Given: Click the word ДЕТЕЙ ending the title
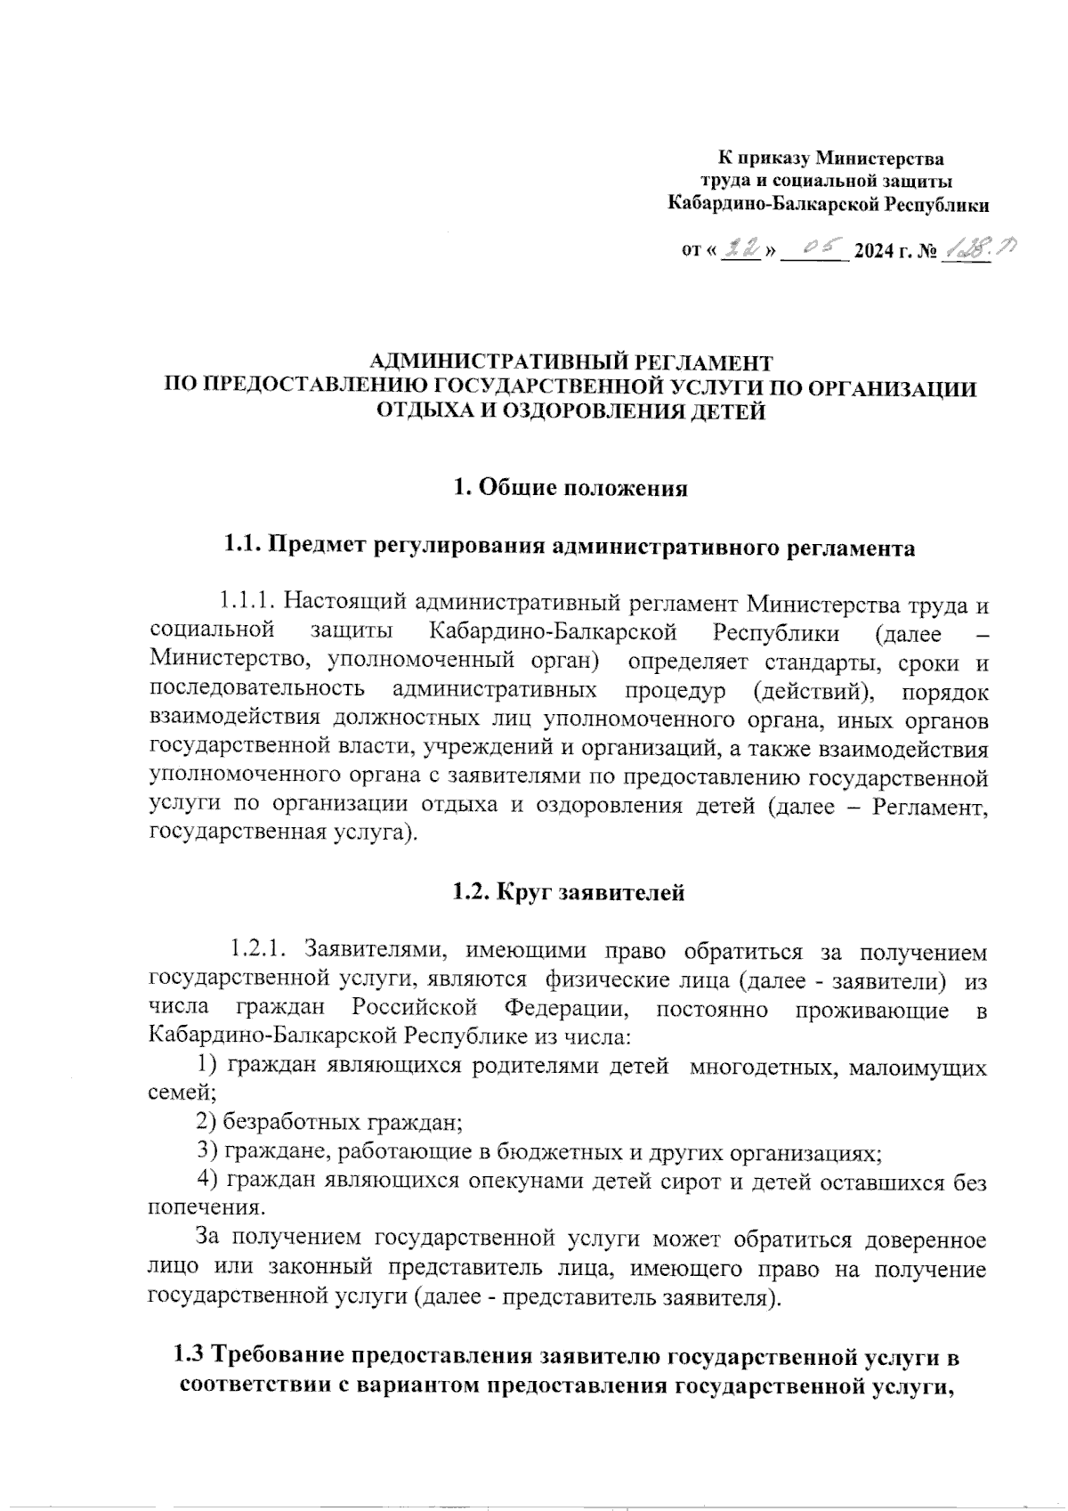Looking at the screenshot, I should (x=724, y=411).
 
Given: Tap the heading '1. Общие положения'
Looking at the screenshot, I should (x=570, y=488).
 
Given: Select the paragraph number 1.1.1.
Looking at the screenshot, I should (x=247, y=604).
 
